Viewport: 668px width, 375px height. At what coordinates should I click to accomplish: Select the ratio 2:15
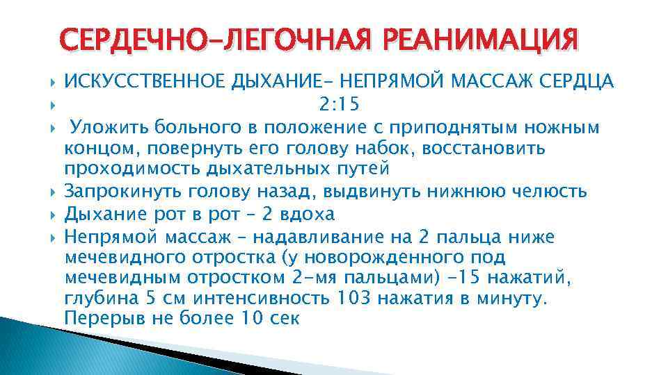click(x=339, y=105)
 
